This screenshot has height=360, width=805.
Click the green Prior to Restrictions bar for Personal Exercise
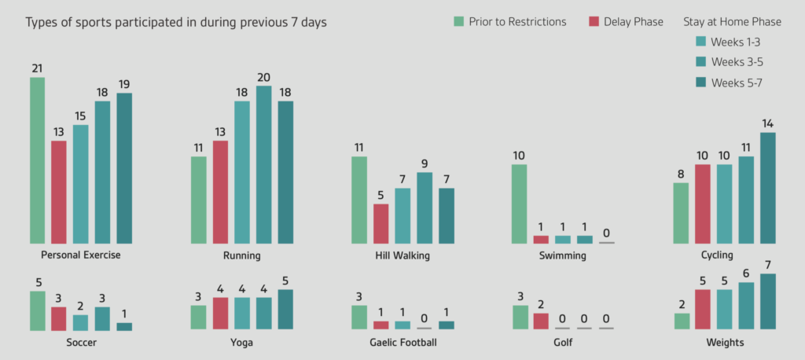37,160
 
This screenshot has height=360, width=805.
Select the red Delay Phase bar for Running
221,192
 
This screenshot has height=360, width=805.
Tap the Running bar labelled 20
264,164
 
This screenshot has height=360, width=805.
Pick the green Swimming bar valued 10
519,204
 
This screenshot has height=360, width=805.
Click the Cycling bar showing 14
767,188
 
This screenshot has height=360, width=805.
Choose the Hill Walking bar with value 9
425,208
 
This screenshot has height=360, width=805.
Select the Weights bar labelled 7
767,302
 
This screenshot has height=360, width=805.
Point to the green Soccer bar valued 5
37,310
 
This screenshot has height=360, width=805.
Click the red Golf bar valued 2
541,321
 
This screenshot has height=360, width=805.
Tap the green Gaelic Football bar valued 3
359,318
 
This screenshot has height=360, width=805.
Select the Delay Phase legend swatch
595,21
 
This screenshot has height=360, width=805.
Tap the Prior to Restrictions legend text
517,21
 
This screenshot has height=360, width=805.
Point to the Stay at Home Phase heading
731,21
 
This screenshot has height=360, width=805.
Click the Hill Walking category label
402,255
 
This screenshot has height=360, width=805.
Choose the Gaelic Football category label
402,343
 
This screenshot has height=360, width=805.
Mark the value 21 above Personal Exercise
37,68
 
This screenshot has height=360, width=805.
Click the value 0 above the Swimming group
606,233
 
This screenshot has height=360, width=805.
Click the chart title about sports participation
176,22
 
